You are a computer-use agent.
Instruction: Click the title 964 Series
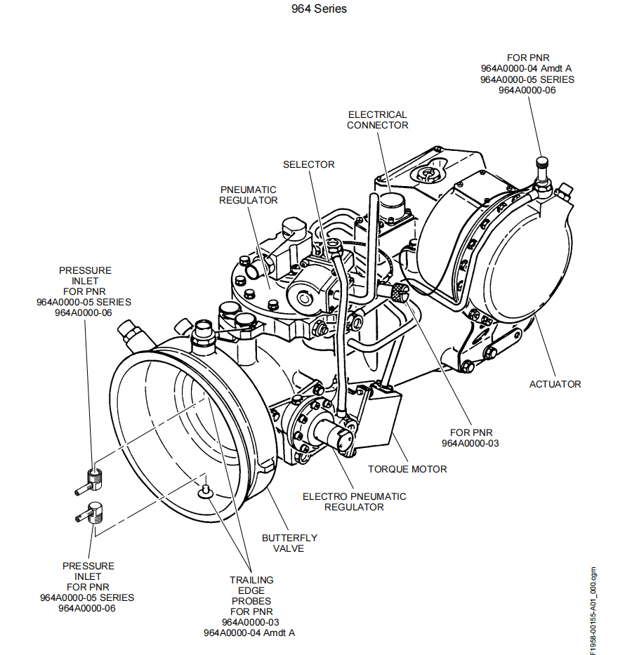pyautogui.click(x=319, y=9)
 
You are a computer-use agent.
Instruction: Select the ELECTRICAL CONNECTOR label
pyautogui.click(x=377, y=119)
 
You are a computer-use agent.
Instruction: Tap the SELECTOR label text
pyautogui.click(x=308, y=164)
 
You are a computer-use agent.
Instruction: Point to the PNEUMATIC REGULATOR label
pyautogui.click(x=248, y=195)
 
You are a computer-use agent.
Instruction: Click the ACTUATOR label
pyautogui.click(x=555, y=384)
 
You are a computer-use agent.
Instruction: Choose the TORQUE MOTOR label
pyautogui.click(x=407, y=469)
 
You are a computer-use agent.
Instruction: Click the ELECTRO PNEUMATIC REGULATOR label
pyautogui.click(x=354, y=501)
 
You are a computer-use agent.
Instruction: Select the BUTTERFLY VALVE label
pyautogui.click(x=289, y=543)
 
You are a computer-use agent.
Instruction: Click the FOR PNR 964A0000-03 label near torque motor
pyautogui.click(x=470, y=438)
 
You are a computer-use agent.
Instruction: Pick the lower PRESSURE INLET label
pyautogui.click(x=88, y=586)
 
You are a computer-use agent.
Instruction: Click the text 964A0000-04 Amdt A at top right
pyautogui.click(x=527, y=68)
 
